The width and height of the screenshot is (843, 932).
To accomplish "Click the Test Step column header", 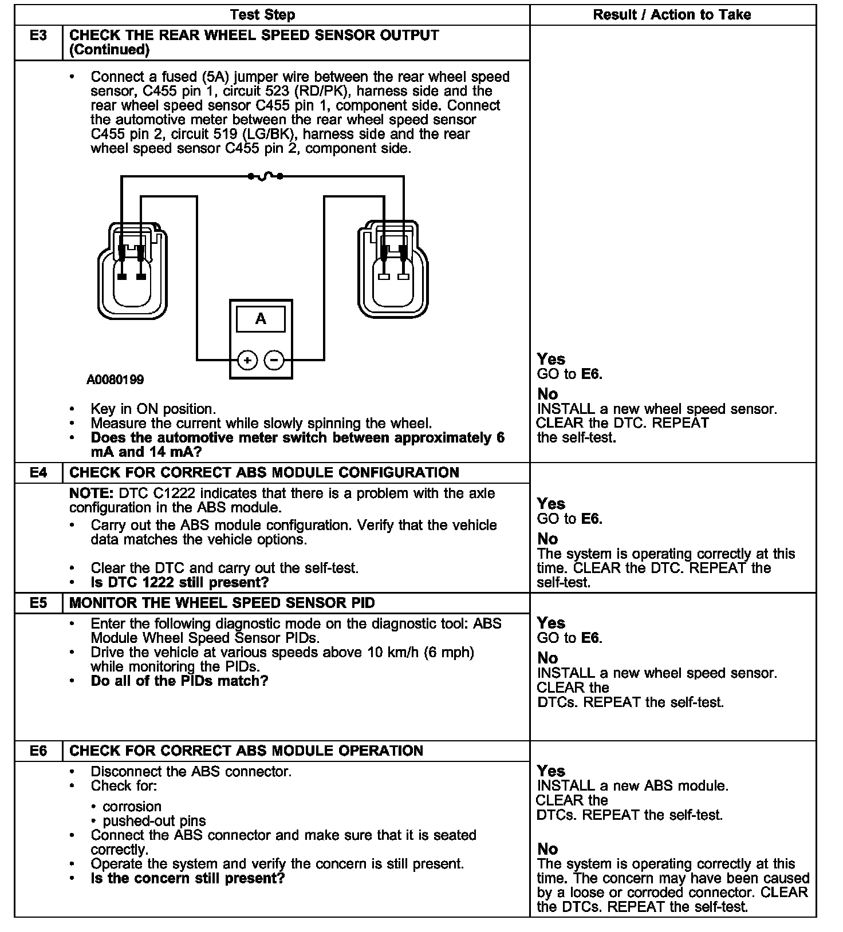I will (x=262, y=15).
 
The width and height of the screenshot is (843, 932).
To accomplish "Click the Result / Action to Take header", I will (x=672, y=15).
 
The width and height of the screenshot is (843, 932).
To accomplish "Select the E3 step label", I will (x=38, y=35).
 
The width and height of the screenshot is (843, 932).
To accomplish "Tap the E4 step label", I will (x=38, y=473).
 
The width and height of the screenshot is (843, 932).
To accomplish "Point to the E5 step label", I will (x=38, y=603).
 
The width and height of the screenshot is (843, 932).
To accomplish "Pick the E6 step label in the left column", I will (x=38, y=751).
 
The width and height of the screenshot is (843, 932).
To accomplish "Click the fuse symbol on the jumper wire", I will (x=265, y=176).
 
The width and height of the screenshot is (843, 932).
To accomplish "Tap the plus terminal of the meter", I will (x=247, y=360).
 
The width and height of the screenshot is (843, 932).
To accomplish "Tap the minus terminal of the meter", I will (x=274, y=360).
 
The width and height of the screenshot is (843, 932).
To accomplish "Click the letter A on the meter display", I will (x=261, y=319).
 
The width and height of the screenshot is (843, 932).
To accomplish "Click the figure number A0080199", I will (x=115, y=380).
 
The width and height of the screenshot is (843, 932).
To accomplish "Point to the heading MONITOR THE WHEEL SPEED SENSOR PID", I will (x=222, y=603).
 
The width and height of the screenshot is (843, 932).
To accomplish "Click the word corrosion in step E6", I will (x=132, y=807).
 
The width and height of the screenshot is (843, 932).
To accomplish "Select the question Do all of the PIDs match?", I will (x=179, y=681).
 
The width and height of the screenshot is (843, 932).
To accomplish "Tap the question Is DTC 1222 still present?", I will (x=179, y=583).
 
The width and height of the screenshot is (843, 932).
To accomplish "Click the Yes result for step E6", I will (x=551, y=771).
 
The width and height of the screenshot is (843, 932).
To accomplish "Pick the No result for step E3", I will (x=547, y=394).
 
